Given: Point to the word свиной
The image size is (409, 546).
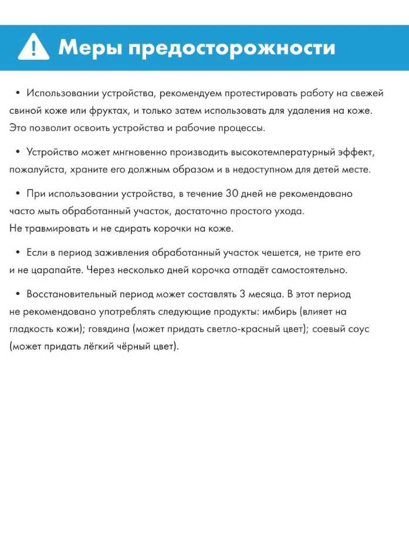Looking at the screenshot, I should [25, 110].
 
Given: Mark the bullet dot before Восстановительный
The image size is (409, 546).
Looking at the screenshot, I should [18, 294].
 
